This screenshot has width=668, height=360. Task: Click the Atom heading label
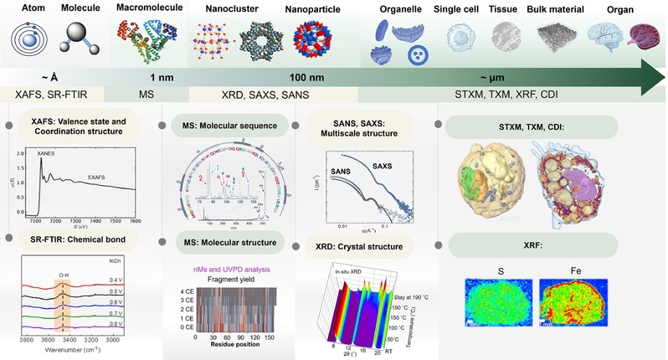pos(26,9)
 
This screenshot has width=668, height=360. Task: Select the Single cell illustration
pos(463,42)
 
